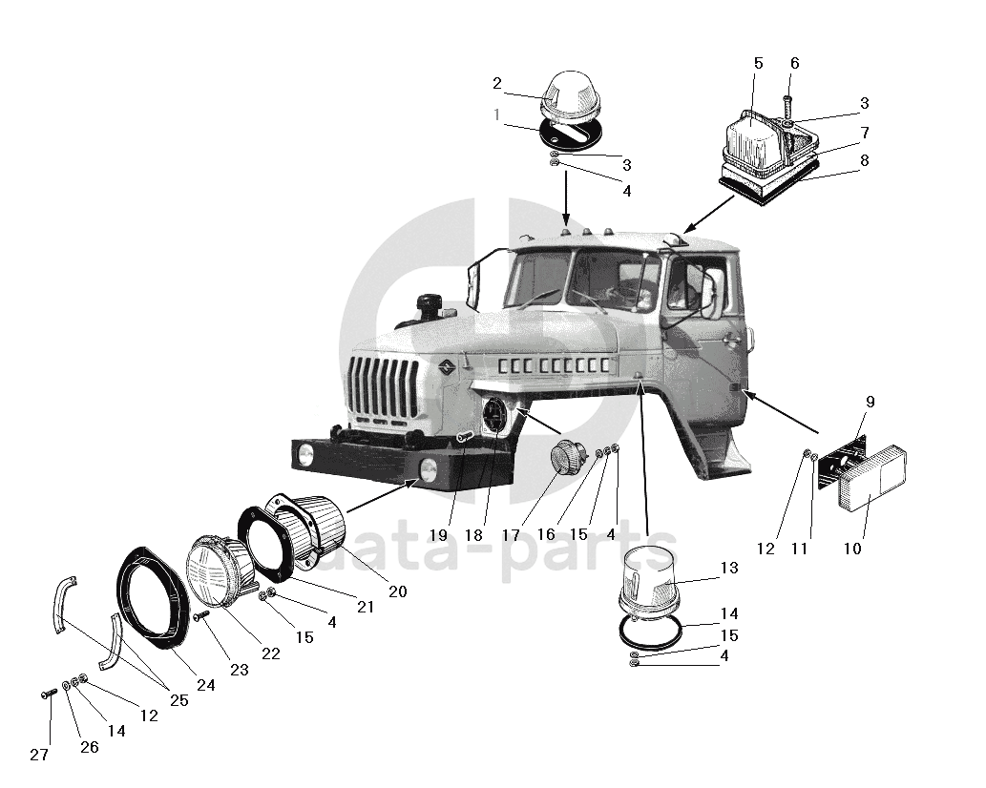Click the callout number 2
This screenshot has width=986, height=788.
coord(497,84)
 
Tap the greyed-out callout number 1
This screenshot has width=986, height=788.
coord(497,114)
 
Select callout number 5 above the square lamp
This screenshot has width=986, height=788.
coord(758,64)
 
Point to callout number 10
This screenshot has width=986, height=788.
coord(851,549)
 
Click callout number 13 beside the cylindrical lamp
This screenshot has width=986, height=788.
coord(729,569)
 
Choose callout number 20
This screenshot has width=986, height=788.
coord(397,592)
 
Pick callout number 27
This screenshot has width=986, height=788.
coord(38,755)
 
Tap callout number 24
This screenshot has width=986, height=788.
coord(205,684)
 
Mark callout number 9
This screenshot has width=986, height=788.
coord(870,403)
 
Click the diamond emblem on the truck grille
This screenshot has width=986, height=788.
coord(446,369)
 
